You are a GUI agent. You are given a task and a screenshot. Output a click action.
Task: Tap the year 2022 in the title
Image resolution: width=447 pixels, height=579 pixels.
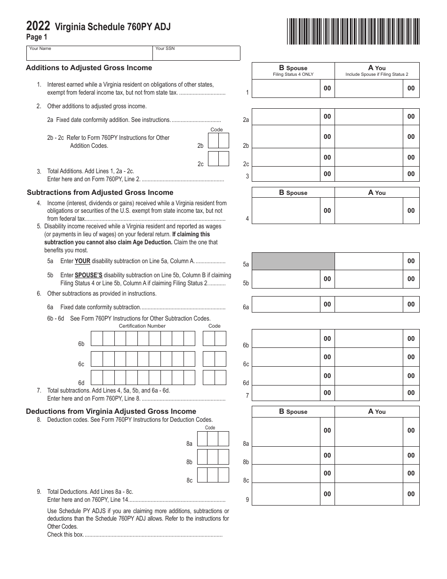tap(39, 27)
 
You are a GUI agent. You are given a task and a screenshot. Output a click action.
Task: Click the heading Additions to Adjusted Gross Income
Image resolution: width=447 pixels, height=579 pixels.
tap(89, 68)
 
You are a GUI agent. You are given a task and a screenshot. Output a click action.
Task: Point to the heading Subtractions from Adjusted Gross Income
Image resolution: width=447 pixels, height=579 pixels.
tap(100, 193)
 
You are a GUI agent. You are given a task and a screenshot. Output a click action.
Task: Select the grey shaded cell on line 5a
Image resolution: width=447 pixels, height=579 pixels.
tap(293, 261)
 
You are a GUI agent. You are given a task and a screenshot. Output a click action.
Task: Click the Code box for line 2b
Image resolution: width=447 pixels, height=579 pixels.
tap(218, 141)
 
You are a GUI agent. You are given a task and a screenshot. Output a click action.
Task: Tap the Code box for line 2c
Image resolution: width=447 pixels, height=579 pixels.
tap(218, 159)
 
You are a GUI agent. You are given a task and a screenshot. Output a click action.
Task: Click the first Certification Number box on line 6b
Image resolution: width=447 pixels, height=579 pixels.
tap(96, 338)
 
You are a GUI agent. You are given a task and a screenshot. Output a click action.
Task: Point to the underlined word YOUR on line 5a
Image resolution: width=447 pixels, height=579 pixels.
tap(82, 261)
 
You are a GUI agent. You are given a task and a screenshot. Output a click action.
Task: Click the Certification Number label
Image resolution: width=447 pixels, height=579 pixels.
tap(142, 326)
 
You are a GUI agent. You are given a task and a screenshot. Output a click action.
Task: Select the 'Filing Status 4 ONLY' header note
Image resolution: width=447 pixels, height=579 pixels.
tap(293, 74)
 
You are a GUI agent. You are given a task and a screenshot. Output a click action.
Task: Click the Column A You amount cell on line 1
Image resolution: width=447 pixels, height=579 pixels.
tap(368, 88)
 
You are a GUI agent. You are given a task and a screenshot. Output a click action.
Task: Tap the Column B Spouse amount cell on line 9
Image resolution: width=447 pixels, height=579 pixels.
tap(287, 494)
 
